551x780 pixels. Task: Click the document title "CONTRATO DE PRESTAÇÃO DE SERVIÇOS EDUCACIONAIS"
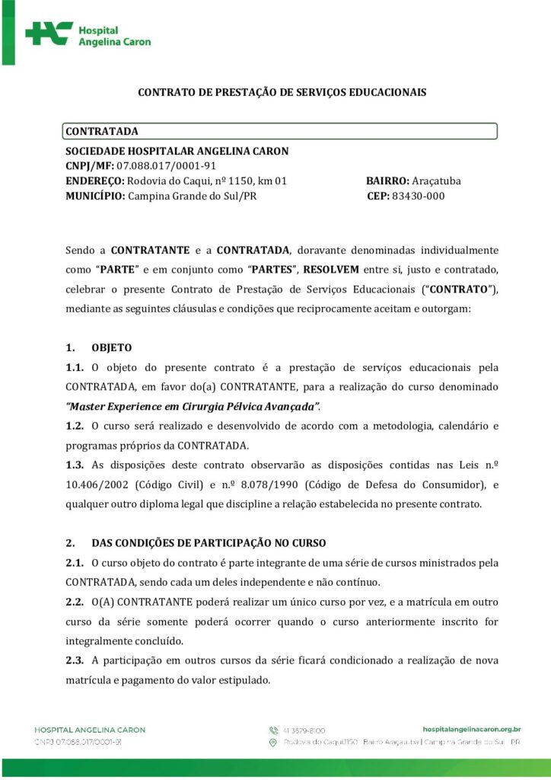tap(282, 92)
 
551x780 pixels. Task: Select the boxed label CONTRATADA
tap(101, 132)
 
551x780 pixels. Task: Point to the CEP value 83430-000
tap(418, 197)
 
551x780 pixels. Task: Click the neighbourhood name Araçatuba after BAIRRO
tap(436, 181)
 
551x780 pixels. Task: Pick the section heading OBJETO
tap(112, 348)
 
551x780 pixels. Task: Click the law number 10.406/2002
tap(98, 484)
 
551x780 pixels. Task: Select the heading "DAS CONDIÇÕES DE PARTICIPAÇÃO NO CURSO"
tap(209, 543)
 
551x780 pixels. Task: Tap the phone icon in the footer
tap(274, 730)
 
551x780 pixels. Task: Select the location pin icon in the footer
tap(274, 741)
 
